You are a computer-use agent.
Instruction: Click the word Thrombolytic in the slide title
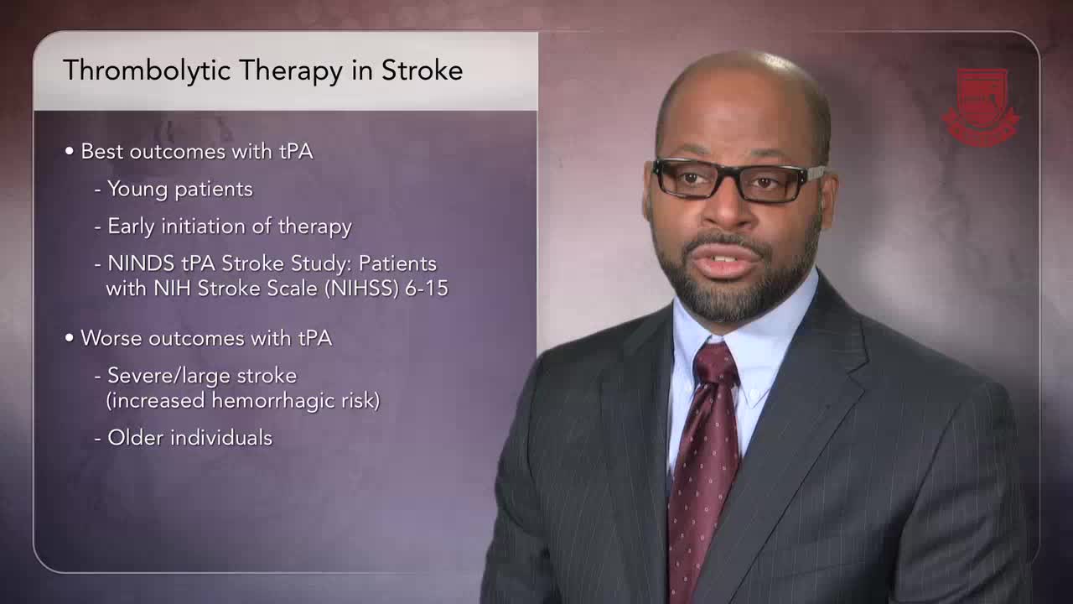(x=147, y=70)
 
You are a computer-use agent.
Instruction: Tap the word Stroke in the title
(x=422, y=70)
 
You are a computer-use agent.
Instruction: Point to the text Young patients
(x=180, y=189)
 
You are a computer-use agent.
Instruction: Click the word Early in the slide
(x=131, y=226)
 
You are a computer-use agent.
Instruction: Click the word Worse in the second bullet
(x=112, y=338)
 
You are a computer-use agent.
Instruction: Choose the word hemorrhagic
(x=273, y=401)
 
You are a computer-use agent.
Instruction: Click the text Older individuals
(x=189, y=438)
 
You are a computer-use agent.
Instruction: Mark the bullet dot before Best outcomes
(x=70, y=152)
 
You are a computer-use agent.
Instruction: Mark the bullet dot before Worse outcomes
(x=70, y=338)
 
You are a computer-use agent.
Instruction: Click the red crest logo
(x=981, y=107)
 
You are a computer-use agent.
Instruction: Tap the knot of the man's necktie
(x=715, y=365)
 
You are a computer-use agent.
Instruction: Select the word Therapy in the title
(x=291, y=71)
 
